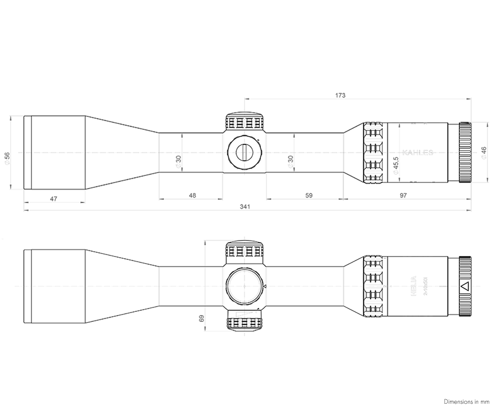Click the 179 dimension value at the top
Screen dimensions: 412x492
341,96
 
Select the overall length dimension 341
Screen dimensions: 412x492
245,207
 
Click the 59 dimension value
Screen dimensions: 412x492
309,196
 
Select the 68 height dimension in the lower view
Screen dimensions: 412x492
201,318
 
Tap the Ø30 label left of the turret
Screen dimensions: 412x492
179,161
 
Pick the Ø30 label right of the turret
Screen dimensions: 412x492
291,161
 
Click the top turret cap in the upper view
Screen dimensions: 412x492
244,122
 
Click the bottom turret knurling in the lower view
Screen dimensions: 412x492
244,324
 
